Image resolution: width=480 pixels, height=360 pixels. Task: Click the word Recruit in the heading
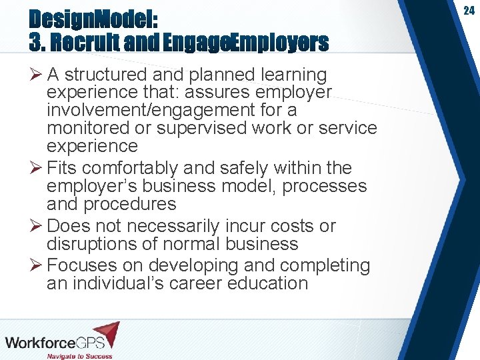tap(85, 43)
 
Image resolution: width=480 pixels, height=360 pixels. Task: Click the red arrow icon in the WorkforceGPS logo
tap(107, 332)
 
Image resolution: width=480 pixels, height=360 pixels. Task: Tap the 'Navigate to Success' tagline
tap(79, 355)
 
